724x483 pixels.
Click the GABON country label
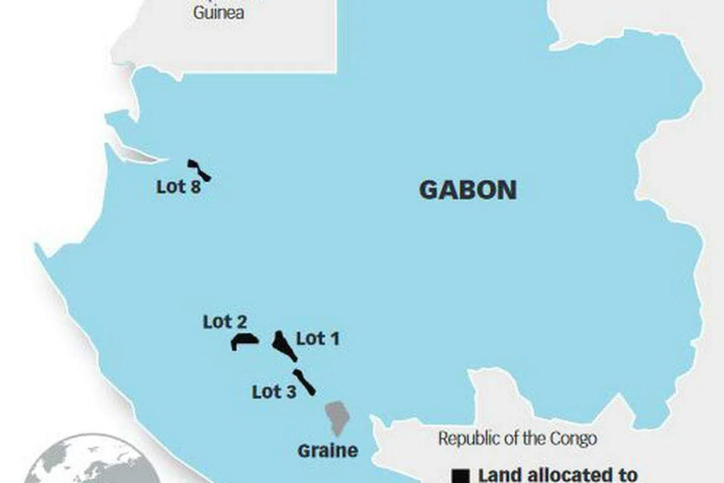tap(468, 190)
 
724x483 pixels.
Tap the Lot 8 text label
tap(178, 187)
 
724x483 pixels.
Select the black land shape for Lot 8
tap(199, 170)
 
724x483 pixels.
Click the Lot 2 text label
tap(225, 322)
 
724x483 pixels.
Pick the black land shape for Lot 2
tap(243, 341)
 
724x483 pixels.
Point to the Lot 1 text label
tap(318, 339)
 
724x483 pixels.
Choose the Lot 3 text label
tap(274, 391)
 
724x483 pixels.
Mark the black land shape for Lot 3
tap(304, 382)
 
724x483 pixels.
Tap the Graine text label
tap(328, 451)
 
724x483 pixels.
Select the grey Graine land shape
tap(337, 416)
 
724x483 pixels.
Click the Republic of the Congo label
tap(517, 439)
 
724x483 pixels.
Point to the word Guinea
tap(218, 13)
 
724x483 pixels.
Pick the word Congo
tap(573, 439)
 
